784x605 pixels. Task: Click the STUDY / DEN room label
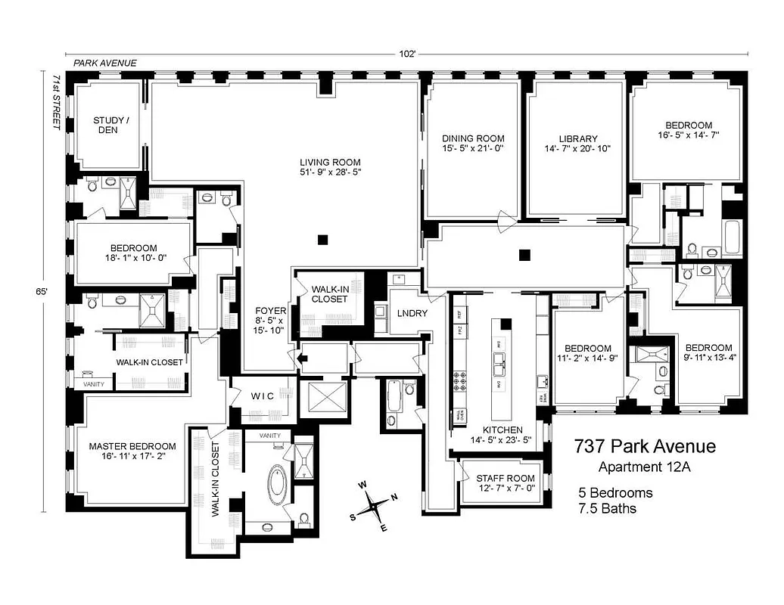click(x=111, y=125)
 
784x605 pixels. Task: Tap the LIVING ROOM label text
click(x=330, y=162)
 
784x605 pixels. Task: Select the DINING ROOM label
click(x=473, y=138)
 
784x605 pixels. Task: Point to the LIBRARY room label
click(x=578, y=138)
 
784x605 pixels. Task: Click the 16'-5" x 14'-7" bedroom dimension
click(x=688, y=136)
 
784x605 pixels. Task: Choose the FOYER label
click(x=269, y=310)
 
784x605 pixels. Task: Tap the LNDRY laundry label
click(x=412, y=313)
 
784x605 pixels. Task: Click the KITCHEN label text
click(x=496, y=429)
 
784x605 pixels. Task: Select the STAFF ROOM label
click(x=505, y=478)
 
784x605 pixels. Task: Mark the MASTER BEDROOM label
click(x=132, y=446)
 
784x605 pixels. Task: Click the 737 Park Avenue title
click(x=644, y=447)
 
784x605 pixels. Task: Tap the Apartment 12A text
click(x=644, y=467)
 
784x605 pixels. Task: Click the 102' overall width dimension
click(x=409, y=54)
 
